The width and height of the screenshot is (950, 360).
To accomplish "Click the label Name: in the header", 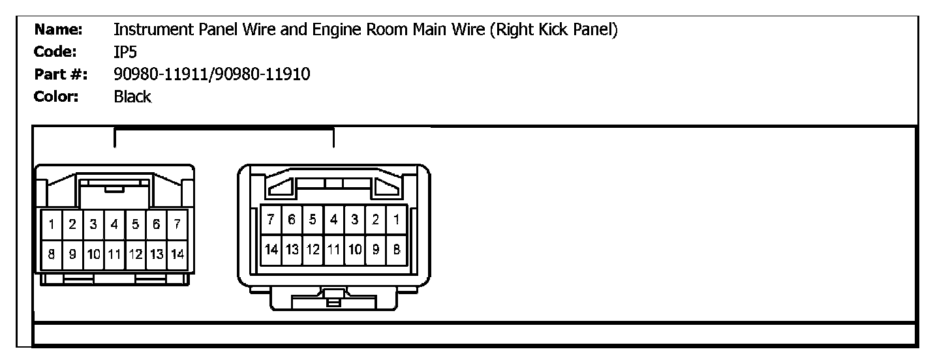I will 58,29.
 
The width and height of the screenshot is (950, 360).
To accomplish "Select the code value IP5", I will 125,52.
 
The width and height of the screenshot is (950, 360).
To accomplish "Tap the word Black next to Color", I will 132,97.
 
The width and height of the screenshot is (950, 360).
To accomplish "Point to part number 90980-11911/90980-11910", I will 211,74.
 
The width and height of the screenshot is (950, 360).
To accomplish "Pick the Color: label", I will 56,97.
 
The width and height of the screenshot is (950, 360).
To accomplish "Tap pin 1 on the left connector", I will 51,225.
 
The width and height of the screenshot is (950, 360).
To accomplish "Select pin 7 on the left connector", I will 177,225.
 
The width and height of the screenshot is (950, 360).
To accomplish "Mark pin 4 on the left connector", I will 114,225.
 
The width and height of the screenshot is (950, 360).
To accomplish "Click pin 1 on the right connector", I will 396,220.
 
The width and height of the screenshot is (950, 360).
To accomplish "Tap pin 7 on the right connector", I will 271,220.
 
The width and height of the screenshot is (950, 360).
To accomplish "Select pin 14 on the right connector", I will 271,249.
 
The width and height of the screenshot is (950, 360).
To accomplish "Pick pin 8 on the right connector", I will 396,249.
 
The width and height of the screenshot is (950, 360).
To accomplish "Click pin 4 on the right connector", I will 333,220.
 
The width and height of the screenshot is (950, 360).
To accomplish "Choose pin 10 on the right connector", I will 354,249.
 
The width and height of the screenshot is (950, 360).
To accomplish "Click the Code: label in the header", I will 57,52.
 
